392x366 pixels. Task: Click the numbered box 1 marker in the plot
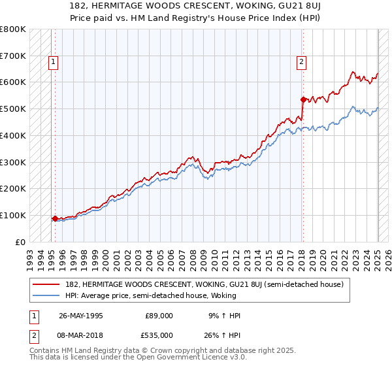[52, 63]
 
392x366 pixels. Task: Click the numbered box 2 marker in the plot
[301, 63]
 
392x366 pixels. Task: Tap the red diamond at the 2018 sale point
[303, 100]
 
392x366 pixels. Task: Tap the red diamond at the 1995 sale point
[55, 218]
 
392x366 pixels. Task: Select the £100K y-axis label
[14, 215]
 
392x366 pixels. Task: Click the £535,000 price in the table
[159, 335]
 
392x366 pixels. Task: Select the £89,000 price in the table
[159, 316]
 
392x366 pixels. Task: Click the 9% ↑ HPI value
[224, 316]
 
